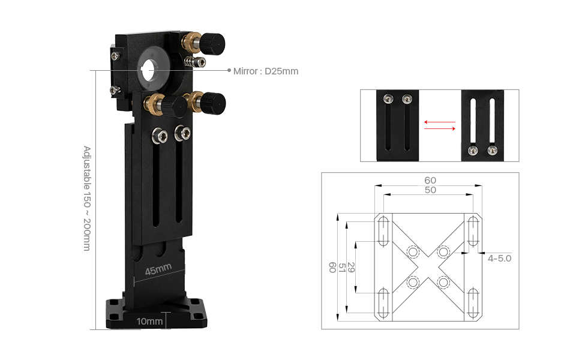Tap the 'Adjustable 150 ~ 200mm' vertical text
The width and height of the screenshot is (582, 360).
[86, 198]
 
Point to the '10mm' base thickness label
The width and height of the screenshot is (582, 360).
[149, 322]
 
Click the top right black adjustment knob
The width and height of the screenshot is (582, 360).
[212, 43]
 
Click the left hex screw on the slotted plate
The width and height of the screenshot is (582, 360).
[160, 134]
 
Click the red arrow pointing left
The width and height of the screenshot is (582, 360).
[439, 122]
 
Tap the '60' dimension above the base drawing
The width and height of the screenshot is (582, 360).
[430, 180]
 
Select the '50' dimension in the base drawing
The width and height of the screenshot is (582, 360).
[430, 190]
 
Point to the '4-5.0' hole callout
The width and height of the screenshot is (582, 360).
[499, 259]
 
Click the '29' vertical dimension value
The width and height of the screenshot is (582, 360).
[351, 268]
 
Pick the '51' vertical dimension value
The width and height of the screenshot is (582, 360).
[342, 268]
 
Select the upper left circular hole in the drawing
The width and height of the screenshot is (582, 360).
[413, 251]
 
